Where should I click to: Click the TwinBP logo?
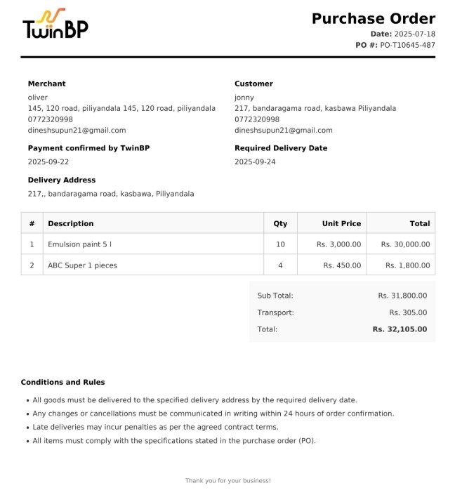55,25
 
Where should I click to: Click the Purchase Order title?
373,19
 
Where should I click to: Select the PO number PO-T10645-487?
407,45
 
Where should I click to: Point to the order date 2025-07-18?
414,34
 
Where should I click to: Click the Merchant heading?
46,84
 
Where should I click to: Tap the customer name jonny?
244,98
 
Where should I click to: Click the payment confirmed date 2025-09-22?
48,161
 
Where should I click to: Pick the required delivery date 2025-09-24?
255,161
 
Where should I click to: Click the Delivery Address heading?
62,180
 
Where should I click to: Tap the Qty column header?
280,223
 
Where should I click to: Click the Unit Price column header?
341,223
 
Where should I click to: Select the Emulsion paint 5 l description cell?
79,244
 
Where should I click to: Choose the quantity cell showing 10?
280,244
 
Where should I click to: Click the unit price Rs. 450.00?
342,265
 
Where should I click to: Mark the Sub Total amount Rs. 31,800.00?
402,296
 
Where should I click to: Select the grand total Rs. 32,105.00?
399,329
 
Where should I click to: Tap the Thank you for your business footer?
227,481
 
